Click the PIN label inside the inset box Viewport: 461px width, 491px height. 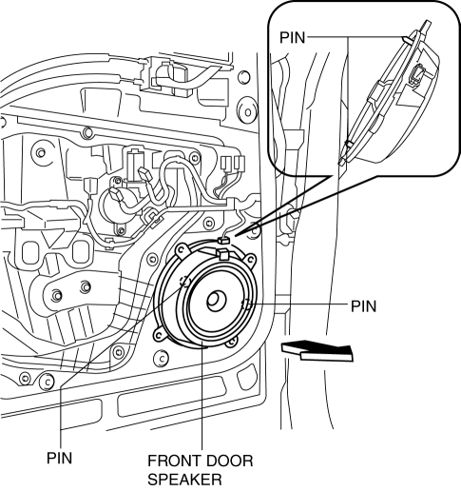coord(292,37)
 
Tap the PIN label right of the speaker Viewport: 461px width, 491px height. coord(364,306)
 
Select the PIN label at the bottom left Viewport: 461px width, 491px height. coord(60,458)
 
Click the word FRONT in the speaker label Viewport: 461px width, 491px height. coord(173,461)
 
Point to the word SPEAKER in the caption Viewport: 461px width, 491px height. coord(184,480)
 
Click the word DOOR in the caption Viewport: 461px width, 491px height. coord(229,461)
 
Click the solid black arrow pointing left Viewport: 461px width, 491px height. coord(317,350)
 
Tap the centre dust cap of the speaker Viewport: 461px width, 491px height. coord(217,301)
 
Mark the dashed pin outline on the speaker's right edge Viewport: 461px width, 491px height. coord(246,304)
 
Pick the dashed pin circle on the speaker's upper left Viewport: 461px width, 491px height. coord(185,281)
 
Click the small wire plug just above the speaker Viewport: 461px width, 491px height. coord(223,241)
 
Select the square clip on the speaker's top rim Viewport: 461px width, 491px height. coord(221,254)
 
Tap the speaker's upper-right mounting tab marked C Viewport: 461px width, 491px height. coord(250,260)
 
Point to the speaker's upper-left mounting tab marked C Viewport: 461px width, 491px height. coord(182,249)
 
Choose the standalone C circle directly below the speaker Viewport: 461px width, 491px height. coord(162,359)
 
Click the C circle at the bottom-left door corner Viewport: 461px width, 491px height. coord(47,382)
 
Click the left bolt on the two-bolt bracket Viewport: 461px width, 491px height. coord(56,295)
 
